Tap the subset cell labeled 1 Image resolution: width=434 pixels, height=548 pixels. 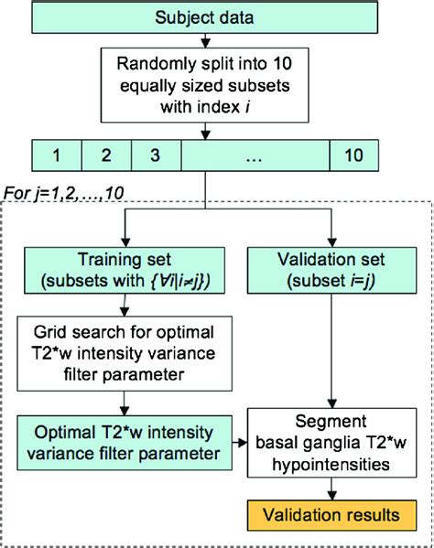56,154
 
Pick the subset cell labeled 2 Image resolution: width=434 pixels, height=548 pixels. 106,154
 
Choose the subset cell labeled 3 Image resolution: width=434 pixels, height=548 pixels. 157,154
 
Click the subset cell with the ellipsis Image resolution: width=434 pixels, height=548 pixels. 255,154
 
